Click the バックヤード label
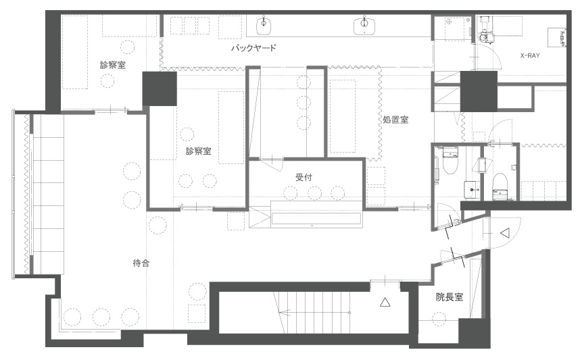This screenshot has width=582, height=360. (253, 49)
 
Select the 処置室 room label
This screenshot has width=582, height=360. (394, 120)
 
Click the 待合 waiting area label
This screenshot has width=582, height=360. (141, 263)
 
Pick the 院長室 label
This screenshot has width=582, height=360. (450, 297)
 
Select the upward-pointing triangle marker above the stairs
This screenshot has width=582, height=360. (385, 303)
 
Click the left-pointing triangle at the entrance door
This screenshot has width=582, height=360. (504, 232)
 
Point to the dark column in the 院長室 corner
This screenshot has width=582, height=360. (472, 332)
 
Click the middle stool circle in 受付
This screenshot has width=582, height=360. (314, 193)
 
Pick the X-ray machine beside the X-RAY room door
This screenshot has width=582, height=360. (485, 30)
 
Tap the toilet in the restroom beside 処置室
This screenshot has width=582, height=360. (450, 160)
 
